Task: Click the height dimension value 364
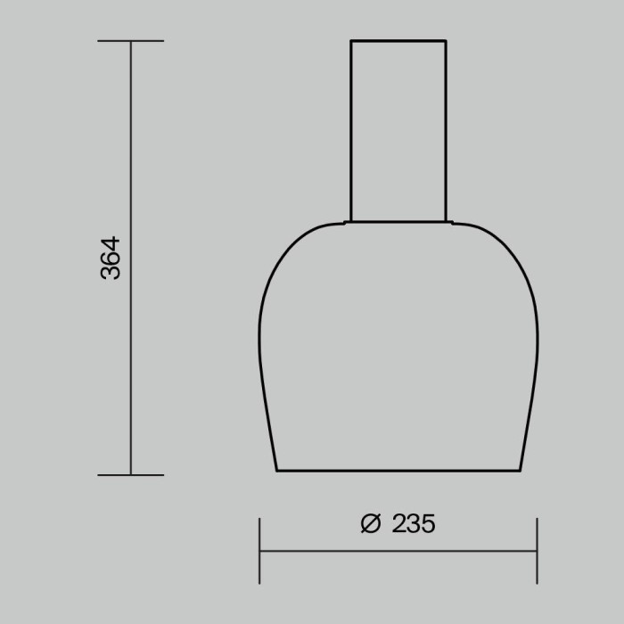coord(110,259)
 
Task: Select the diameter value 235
coord(414,524)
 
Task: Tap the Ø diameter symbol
coord(371,524)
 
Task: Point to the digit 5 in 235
coord(428,524)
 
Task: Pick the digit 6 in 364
coord(110,259)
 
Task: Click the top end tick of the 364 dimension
coord(131,41)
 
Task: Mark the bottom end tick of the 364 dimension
coord(131,474)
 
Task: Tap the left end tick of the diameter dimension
coord(259,551)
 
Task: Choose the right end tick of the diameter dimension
coord(537,551)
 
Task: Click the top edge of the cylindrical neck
coord(398,41)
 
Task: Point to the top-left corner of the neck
coord(350,41)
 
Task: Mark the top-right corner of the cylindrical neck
coord(446,41)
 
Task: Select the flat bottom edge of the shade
coord(398,471)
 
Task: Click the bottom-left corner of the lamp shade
coord(277,470)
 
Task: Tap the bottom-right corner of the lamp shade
coord(520,470)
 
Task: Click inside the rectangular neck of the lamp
coord(398,134)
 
